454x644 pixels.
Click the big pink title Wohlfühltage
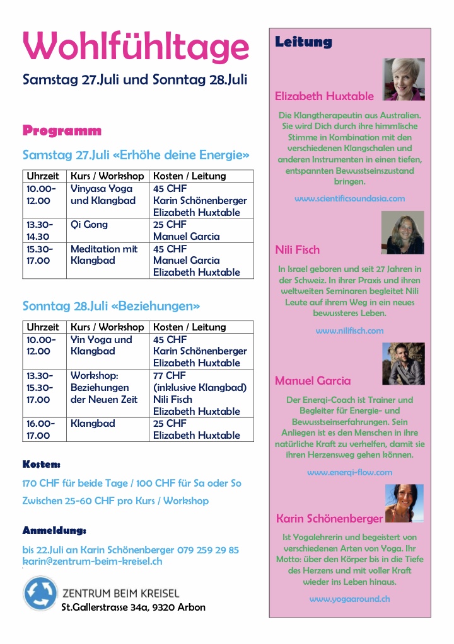tap(136, 47)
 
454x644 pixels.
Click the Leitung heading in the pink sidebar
tap(303, 42)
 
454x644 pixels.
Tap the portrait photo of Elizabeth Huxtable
tap(404, 79)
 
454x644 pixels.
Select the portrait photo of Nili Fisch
tap(402, 232)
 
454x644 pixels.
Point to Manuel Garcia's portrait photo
tap(403, 363)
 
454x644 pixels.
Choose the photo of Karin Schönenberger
tap(404, 503)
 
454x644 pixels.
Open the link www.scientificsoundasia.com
tap(349, 198)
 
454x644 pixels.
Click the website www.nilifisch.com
tap(349, 330)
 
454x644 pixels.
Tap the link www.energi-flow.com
tap(349, 472)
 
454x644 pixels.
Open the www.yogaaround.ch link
tap(349, 599)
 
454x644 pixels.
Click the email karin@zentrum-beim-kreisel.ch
tap(93, 561)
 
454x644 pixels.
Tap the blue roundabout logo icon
tap(40, 594)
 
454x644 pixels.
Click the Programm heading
tap(62, 131)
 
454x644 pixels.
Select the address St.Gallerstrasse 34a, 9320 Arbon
tap(133, 607)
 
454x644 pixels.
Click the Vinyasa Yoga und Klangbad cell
tap(102, 195)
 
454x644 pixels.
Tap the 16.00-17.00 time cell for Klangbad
tap(38, 429)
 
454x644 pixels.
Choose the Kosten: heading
tap(41, 465)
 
